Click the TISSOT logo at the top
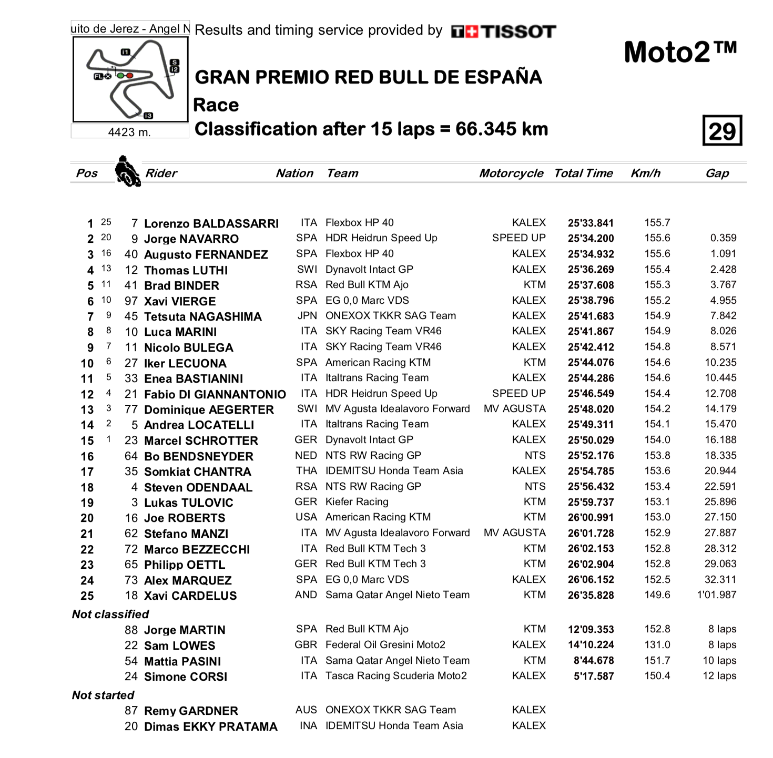[x=503, y=32]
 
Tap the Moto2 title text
[x=680, y=53]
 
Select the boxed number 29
[x=722, y=131]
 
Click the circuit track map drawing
[x=130, y=80]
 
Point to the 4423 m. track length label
[x=129, y=132]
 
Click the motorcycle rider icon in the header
[x=127, y=171]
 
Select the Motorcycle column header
[x=511, y=173]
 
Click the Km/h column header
[x=645, y=173]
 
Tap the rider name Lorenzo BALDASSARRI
[x=211, y=223]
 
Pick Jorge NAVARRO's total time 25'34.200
[x=591, y=239]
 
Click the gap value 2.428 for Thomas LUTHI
[x=723, y=269]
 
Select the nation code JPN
[x=307, y=316]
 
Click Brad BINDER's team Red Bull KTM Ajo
[x=367, y=285]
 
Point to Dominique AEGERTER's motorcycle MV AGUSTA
[x=514, y=409]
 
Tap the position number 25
[x=87, y=596]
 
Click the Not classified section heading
[x=110, y=614]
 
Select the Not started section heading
[x=103, y=695]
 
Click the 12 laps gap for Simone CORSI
[x=719, y=676]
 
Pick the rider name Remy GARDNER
[x=191, y=711]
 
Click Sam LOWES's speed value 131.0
[x=657, y=645]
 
